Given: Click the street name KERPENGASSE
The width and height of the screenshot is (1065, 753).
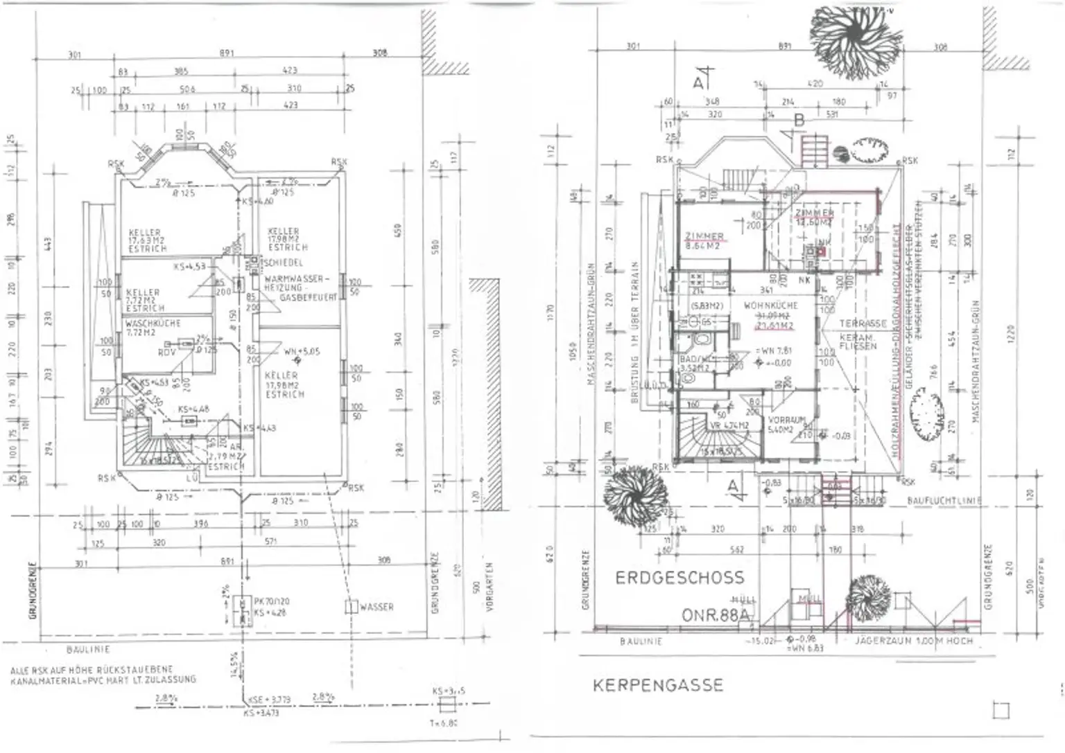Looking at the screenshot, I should click(657, 685).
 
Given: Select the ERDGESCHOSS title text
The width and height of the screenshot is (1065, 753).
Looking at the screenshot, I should click(679, 578).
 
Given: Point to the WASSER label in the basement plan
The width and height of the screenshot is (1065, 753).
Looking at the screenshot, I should click(376, 607).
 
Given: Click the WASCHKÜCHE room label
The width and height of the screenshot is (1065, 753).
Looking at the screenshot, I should click(153, 324).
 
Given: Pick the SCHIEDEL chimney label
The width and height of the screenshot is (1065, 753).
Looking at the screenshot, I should click(284, 263).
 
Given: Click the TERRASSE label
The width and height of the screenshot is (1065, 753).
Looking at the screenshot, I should click(863, 324).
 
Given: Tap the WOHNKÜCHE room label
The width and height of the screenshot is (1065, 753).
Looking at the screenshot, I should click(771, 305).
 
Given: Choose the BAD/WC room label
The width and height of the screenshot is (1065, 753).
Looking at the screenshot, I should click(695, 360).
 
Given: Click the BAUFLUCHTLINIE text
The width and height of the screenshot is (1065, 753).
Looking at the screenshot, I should click(944, 500).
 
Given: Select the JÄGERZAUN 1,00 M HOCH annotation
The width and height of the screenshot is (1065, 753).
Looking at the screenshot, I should click(914, 641).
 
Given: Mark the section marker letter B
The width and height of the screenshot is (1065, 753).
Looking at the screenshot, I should click(799, 121).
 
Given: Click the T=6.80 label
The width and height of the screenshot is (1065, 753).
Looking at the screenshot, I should click(443, 723).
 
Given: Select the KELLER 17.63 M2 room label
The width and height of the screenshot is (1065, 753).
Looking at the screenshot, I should click(147, 240).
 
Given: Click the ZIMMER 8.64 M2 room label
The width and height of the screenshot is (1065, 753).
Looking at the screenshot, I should click(704, 240).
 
